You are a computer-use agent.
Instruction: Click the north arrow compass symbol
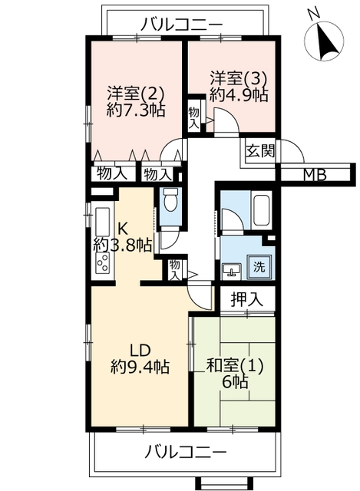pos(324,39)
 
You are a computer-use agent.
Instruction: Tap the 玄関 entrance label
pos(260,151)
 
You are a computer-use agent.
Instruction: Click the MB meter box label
pos(315,175)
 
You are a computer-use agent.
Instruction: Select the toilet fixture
pos(171,200)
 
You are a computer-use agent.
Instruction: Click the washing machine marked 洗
pos(259,267)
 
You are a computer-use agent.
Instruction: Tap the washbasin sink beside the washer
pos(231,271)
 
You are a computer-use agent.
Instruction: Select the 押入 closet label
pos(246,299)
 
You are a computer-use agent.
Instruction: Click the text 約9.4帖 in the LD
pos(140,367)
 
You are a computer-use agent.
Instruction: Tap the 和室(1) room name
pos(235,365)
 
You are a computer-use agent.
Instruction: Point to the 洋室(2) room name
pos(136,94)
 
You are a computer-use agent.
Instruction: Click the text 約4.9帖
pos(239,94)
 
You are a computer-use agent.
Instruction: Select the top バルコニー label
pos(181,24)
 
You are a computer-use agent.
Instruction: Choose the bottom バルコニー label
pos(185,452)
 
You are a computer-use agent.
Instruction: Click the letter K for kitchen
pos(122,229)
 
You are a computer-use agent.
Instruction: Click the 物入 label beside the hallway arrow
pos(174,270)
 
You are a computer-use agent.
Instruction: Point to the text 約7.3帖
pos(136,110)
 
